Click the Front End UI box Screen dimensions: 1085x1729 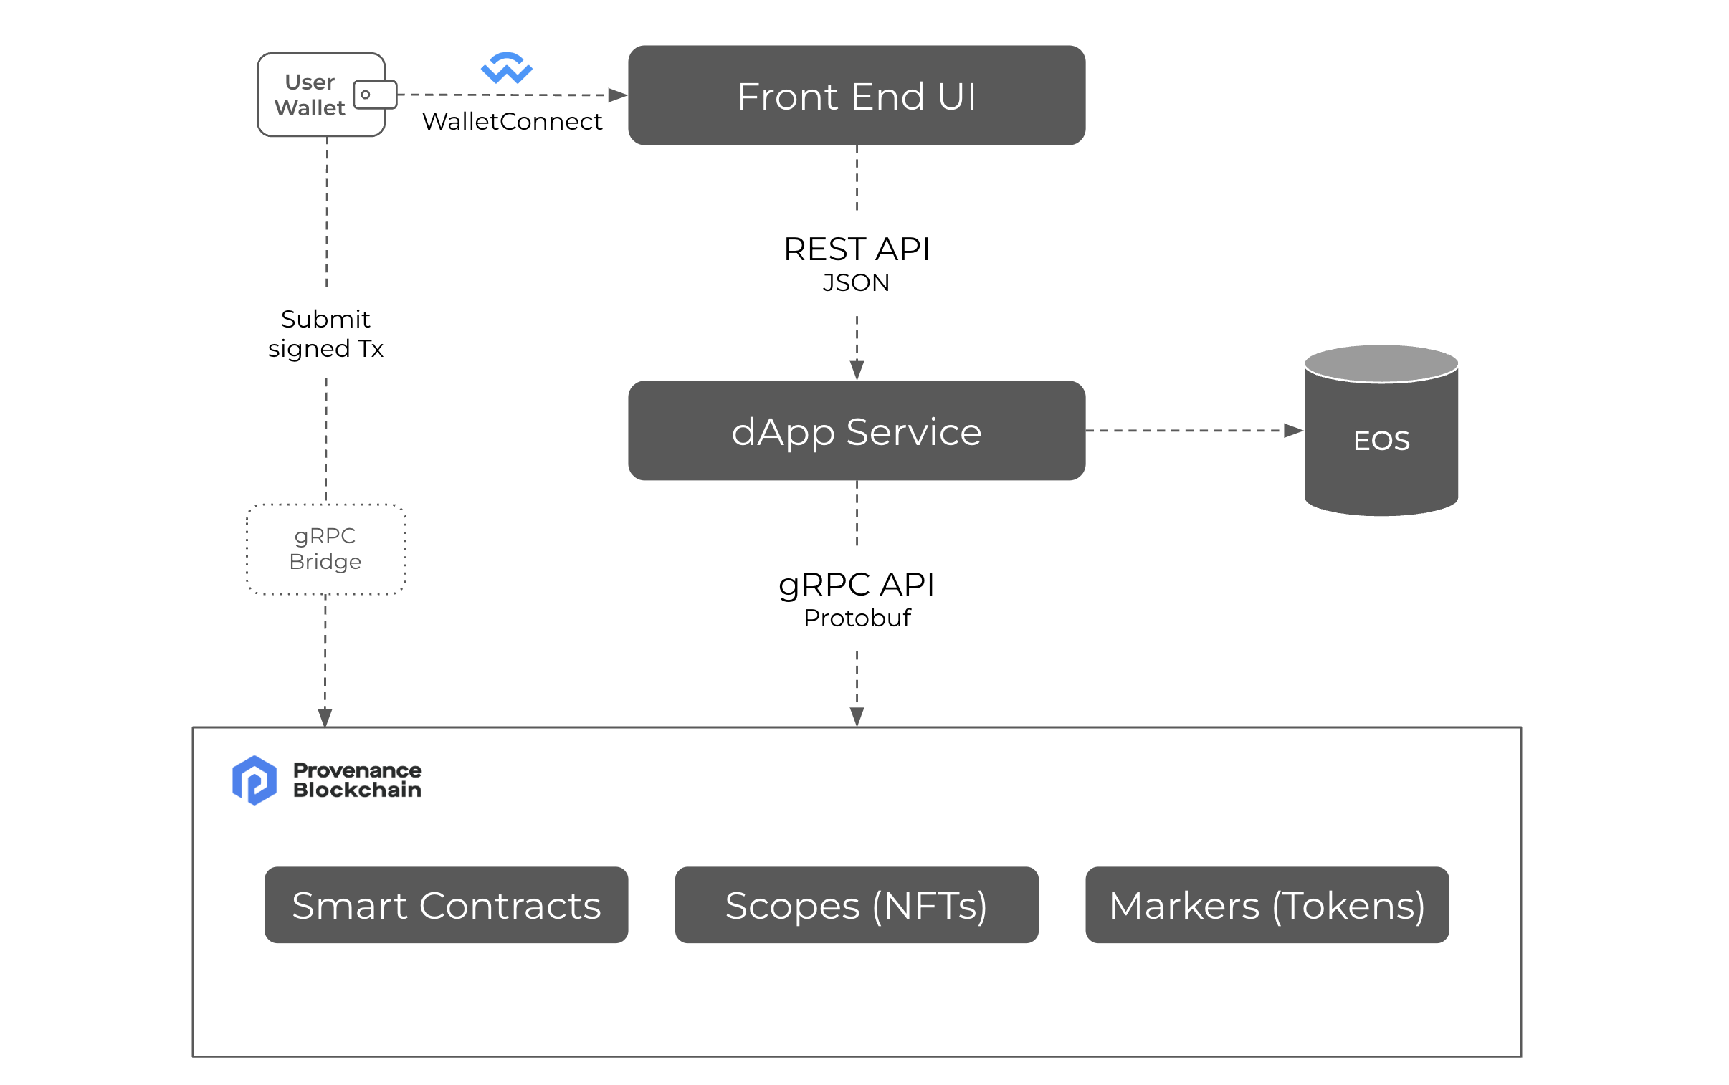pyautogui.click(x=855, y=95)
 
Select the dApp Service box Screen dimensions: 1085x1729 pyautogui.click(x=855, y=431)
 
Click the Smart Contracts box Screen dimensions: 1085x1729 pyautogui.click(x=446, y=904)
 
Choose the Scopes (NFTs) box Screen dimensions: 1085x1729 pyautogui.click(x=855, y=904)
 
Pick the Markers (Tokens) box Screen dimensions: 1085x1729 pyautogui.click(x=1266, y=904)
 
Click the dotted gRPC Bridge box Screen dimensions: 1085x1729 pyautogui.click(x=325, y=549)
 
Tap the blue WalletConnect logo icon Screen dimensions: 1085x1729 pyautogui.click(x=506, y=68)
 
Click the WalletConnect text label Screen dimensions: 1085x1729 pyautogui.click(x=512, y=121)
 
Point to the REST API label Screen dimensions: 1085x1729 pyautogui.click(x=855, y=249)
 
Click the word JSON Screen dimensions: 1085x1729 pyautogui.click(x=855, y=283)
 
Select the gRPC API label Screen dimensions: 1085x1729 pyautogui.click(x=855, y=584)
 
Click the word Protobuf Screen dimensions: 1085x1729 pyautogui.click(x=856, y=618)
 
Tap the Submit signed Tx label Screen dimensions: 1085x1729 pyautogui.click(x=325, y=333)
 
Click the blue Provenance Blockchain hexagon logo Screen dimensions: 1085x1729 pyautogui.click(x=254, y=779)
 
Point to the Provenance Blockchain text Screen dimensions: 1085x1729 pyautogui.click(x=357, y=779)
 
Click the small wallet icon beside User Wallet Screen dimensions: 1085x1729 pyautogui.click(x=375, y=95)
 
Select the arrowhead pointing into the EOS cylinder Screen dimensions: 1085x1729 pyautogui.click(x=1292, y=431)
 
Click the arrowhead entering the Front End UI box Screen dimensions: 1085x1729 pyautogui.click(x=617, y=95)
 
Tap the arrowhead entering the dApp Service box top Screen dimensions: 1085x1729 pyautogui.click(x=856, y=371)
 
